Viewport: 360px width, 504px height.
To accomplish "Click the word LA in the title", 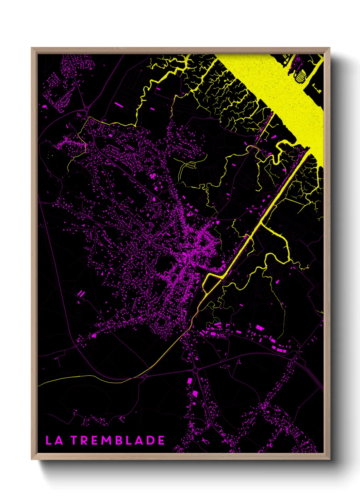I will point(54,440).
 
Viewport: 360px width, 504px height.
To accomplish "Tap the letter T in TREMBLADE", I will point(75,440).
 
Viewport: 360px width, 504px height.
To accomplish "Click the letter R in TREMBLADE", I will point(85,440).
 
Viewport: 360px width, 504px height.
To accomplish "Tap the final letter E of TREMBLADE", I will point(161,440).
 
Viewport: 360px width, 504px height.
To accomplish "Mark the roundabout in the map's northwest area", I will point(87,109).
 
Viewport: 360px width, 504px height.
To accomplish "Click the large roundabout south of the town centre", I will point(195,370).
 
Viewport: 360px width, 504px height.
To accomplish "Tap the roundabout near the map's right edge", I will point(293,360).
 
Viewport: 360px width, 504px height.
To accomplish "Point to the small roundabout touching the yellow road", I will point(145,377).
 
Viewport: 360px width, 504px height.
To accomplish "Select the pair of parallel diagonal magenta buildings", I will point(81,293).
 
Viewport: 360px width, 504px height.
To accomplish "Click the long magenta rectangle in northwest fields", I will point(119,104).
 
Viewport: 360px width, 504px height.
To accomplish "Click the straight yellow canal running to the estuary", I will point(272,204).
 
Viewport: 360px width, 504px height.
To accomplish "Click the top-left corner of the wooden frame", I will point(32,48).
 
